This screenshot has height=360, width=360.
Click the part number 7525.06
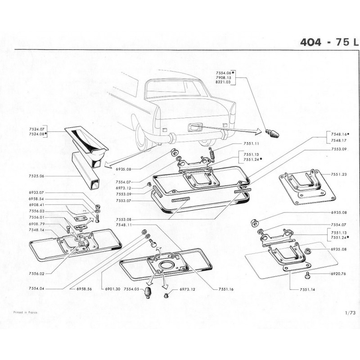[36, 176]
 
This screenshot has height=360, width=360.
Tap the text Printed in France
[25, 311]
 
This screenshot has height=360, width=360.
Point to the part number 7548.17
[340, 140]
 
